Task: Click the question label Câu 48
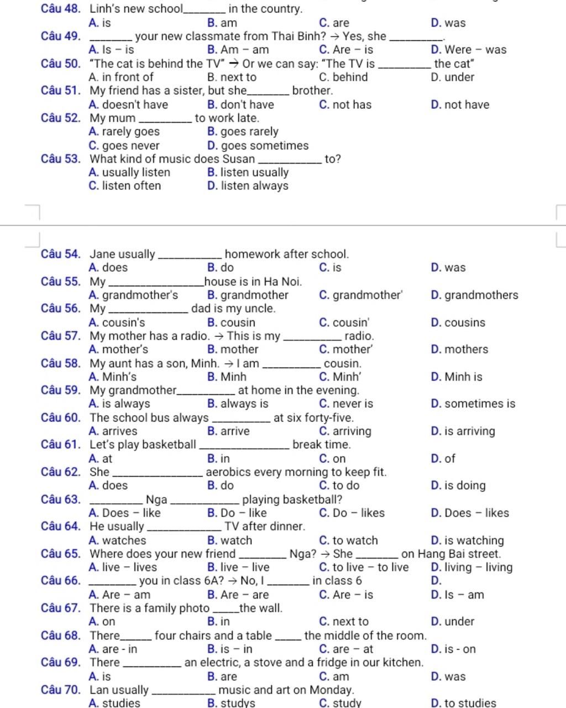[x=61, y=9]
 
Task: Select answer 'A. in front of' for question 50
[x=120, y=77]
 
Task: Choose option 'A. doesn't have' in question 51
[x=128, y=105]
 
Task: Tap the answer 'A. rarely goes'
[x=124, y=132]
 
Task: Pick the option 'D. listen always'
[x=248, y=186]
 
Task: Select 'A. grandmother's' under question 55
[x=133, y=295]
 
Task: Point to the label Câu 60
[x=61, y=418]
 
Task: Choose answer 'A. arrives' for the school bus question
[x=113, y=431]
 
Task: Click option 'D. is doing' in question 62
[x=458, y=486]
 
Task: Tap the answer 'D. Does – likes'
[x=469, y=513]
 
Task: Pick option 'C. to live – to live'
[x=364, y=567]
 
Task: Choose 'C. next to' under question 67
[x=344, y=622]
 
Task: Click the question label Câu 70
[x=61, y=690]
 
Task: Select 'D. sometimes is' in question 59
[x=473, y=404]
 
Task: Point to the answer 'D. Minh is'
[x=456, y=377]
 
